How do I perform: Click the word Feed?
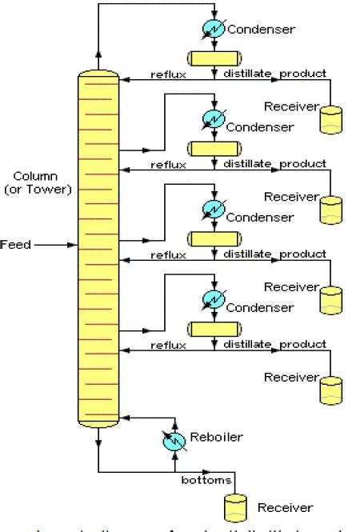16,244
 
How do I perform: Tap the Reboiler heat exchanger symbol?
175,439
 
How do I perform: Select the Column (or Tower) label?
41,182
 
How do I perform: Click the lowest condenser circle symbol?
214,301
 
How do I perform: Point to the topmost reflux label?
168,74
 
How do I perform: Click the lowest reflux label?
168,345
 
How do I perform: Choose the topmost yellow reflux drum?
214,58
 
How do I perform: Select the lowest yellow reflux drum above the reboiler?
214,329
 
